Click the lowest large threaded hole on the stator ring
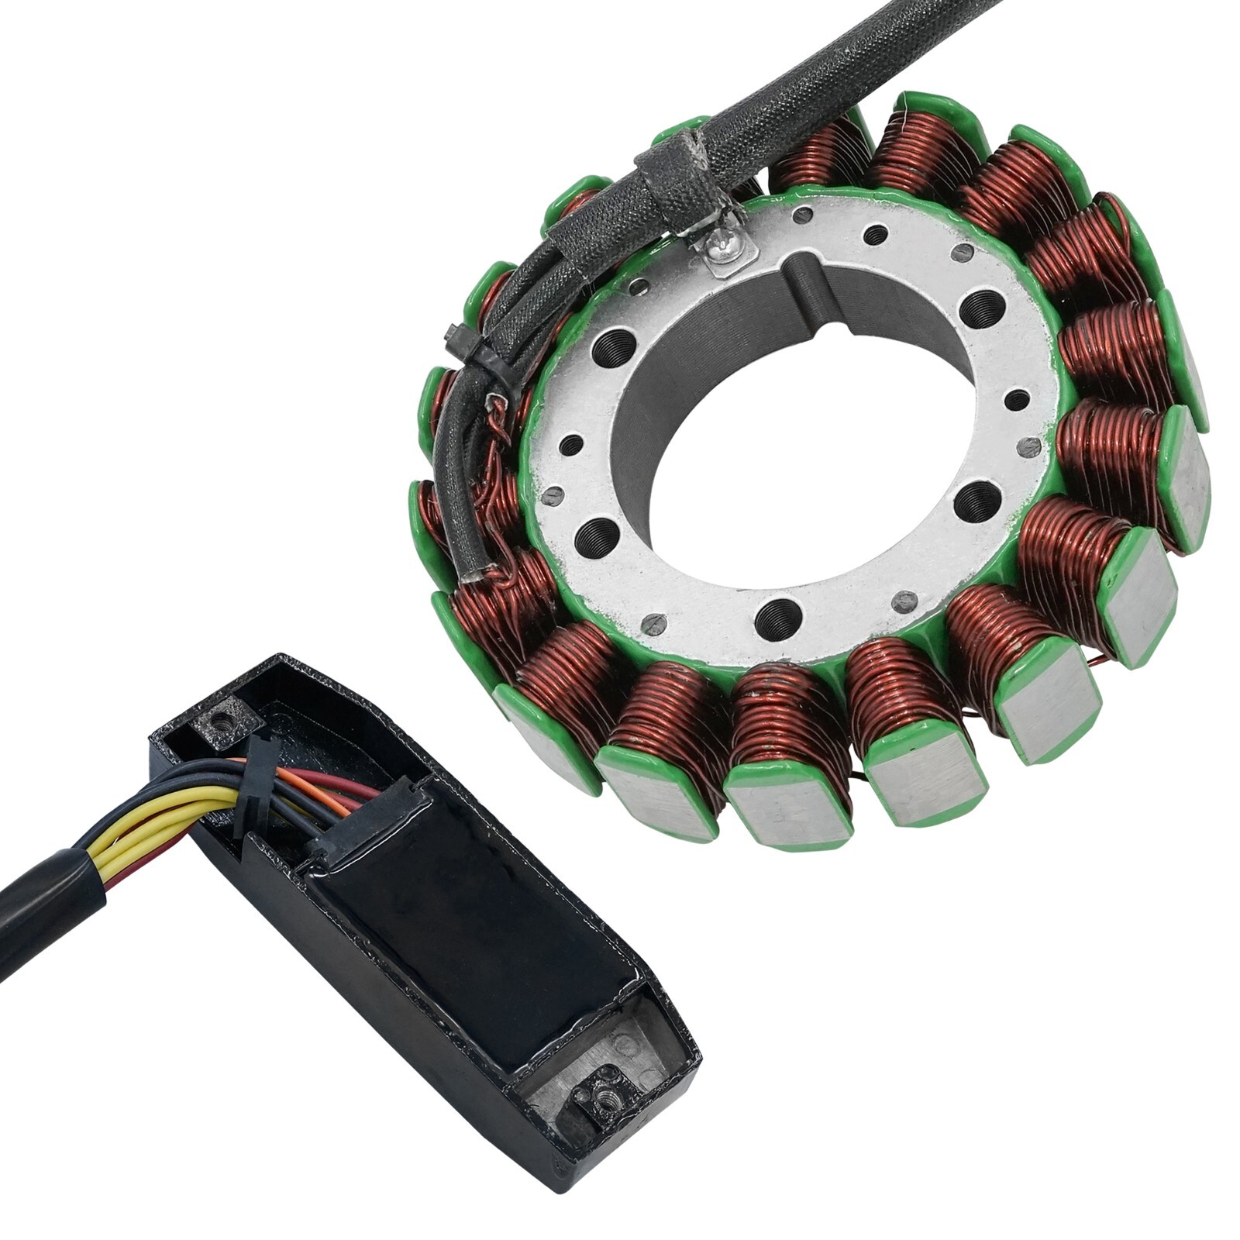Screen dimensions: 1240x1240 [777, 617]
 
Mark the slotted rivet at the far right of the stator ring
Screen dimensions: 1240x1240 [1029, 446]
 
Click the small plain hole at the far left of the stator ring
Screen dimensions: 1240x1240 [571, 445]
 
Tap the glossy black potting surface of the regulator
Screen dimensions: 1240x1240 [465, 930]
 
